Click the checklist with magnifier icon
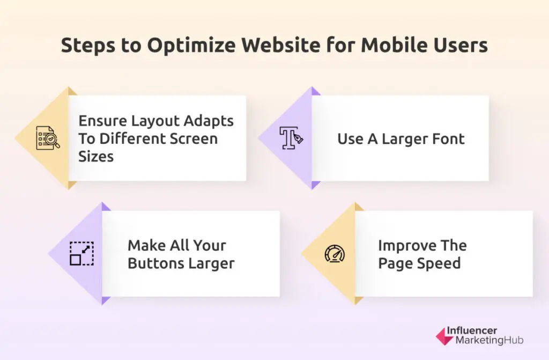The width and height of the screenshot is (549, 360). click(47, 138)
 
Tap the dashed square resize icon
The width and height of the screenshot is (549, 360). click(81, 254)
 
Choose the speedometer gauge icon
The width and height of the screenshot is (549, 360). click(335, 254)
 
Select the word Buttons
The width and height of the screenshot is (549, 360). click(157, 263)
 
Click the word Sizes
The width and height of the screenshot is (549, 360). click(96, 156)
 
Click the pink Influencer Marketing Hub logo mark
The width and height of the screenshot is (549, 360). click(443, 336)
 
